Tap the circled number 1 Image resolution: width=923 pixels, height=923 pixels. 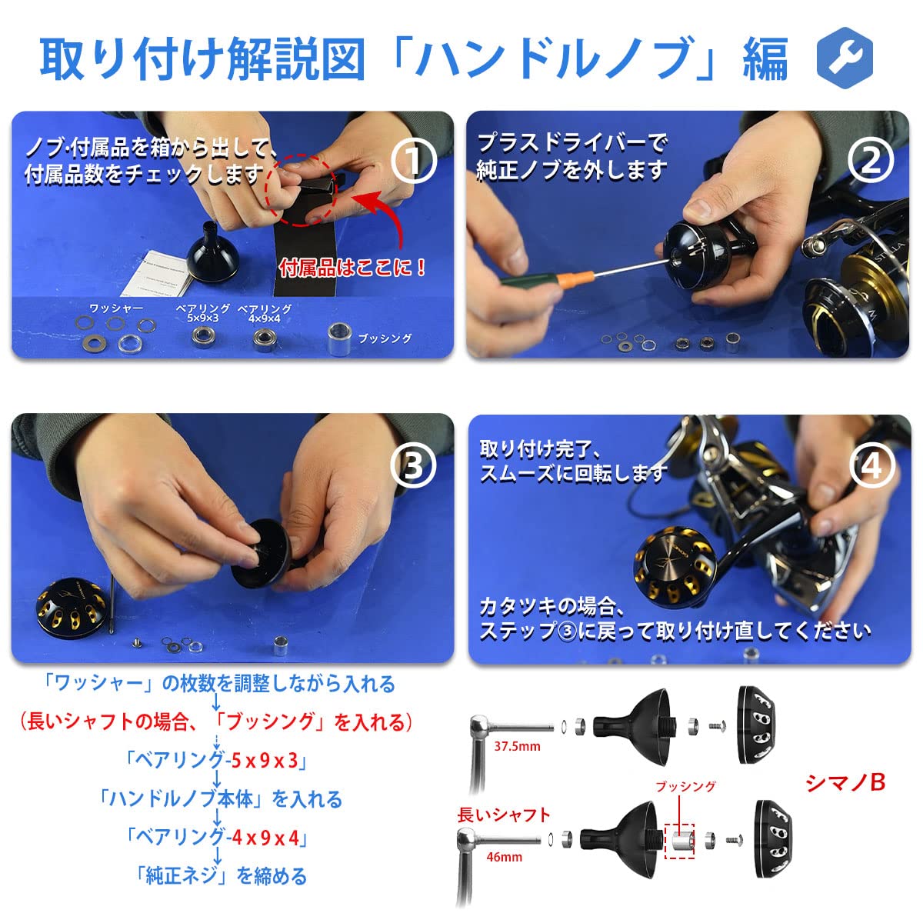tap(414, 161)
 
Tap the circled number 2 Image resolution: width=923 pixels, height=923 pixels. tap(871, 161)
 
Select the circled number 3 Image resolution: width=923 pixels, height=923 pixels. tap(414, 465)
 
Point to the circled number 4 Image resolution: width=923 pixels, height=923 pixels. tap(872, 465)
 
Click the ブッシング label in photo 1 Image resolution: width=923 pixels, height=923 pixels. tap(385, 338)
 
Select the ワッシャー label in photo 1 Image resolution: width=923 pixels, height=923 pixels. tap(116, 308)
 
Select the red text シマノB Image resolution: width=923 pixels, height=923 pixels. tap(845, 782)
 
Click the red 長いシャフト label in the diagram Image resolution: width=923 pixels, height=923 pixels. tap(504, 815)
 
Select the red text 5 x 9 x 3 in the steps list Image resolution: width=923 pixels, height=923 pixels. tap(265, 761)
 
